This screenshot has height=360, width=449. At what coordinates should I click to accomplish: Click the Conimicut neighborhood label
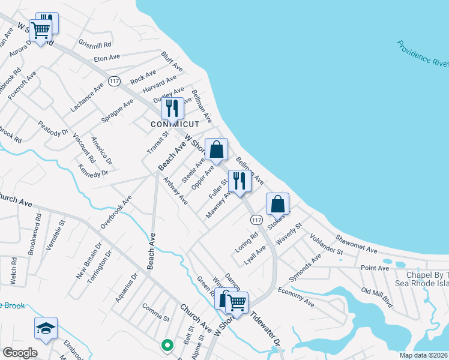click(174, 124)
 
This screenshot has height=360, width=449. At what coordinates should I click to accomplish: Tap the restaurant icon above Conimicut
click(172, 108)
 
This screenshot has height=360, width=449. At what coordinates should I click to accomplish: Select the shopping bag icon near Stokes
click(277, 203)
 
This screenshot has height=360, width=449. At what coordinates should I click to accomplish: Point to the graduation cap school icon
click(46, 328)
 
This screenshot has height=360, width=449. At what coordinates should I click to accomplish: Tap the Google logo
click(19, 353)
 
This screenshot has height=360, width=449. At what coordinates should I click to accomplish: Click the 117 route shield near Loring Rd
click(256, 220)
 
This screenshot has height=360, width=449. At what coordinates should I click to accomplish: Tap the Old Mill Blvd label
click(377, 298)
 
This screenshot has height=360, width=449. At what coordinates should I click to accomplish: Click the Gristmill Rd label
click(95, 44)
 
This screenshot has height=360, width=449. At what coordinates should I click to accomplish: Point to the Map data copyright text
click(423, 355)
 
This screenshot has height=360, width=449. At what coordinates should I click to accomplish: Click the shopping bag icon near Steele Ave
click(216, 149)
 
